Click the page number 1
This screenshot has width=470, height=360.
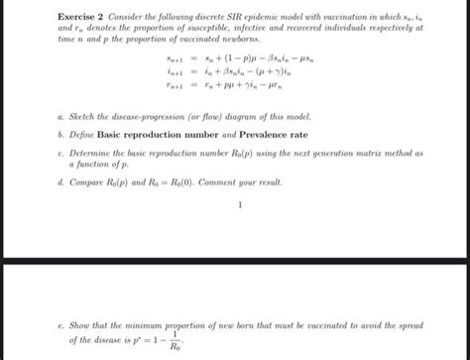(x=239, y=206)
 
